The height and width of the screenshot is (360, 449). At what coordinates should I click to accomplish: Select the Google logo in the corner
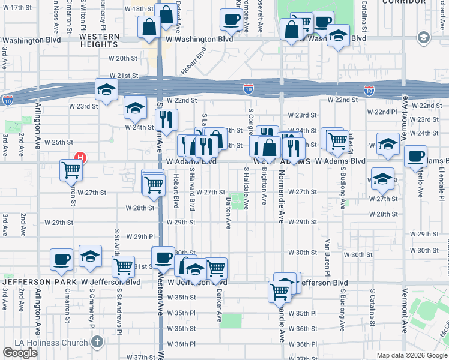tap(20, 353)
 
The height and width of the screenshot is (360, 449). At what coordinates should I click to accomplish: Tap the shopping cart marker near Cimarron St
tap(71, 170)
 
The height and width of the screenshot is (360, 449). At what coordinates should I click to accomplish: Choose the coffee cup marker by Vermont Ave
tap(415, 156)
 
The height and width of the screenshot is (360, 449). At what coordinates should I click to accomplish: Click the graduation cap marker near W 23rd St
tap(106, 90)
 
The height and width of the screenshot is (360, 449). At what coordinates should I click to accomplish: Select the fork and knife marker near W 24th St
tap(167, 119)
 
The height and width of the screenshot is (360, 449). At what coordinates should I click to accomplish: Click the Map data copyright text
tap(411, 355)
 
